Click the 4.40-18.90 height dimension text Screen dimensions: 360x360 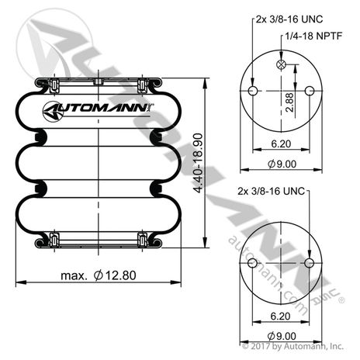pyautogui.click(x=198, y=163)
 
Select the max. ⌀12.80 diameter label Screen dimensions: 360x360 pyautogui.click(x=99, y=275)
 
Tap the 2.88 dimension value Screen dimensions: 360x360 pyautogui.click(x=289, y=102)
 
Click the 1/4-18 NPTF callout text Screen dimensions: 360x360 pyautogui.click(x=313, y=36)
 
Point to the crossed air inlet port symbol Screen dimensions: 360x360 pyautogui.click(x=281, y=64)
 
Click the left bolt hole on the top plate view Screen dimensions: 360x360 pyautogui.click(x=253, y=91)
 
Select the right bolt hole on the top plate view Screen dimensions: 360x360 pyautogui.click(x=310, y=91)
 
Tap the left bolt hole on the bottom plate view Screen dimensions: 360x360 pyautogui.click(x=252, y=263)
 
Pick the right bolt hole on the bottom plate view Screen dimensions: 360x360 pyautogui.click(x=309, y=263)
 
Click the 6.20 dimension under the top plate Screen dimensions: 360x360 pyautogui.click(x=281, y=144)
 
